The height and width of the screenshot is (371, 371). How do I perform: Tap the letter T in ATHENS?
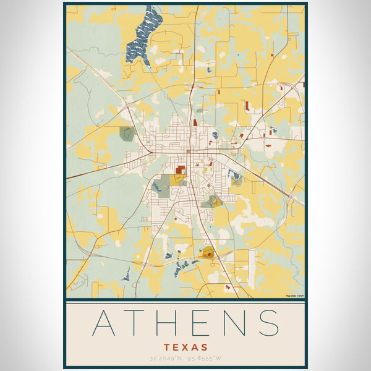coord(138,323)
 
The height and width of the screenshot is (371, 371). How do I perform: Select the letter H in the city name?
coord(170,323)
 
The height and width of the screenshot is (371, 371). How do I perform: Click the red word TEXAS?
coord(185,348)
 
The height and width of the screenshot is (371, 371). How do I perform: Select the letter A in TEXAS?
coord(195,348)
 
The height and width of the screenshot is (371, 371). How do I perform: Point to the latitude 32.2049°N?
coord(167,359)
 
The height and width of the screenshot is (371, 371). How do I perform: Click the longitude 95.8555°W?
coord(205,359)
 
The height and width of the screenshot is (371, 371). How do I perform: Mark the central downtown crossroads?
coord(189,151)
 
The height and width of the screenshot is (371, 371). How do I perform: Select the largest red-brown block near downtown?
coord(180,169)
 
